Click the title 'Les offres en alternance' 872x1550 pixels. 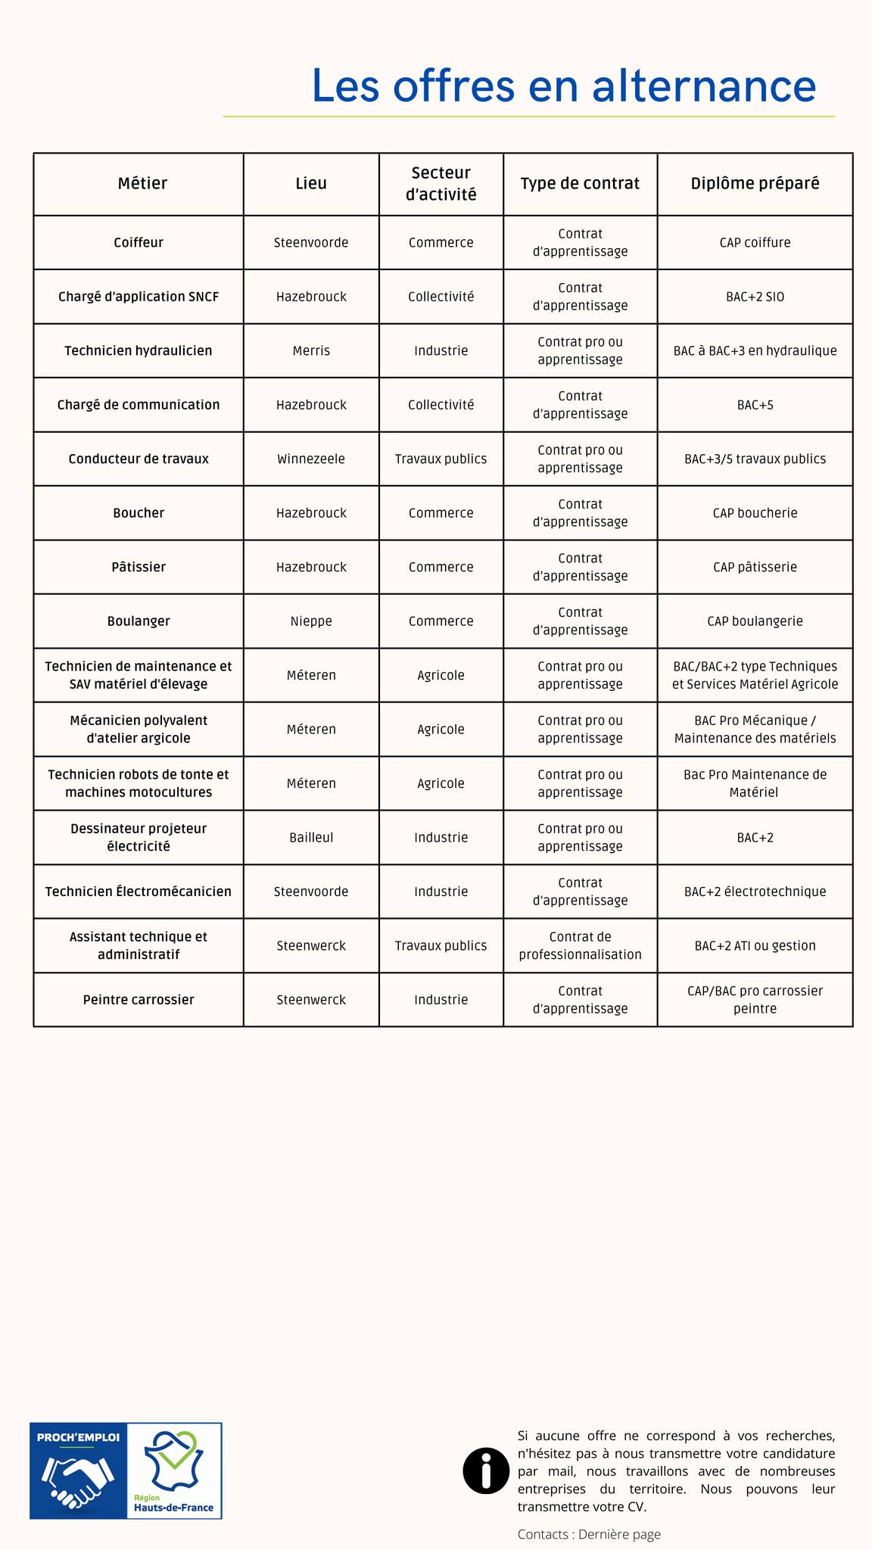(564, 85)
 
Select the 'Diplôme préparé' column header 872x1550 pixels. (755, 184)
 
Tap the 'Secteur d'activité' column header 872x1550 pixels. (441, 184)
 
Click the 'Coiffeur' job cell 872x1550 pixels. (139, 243)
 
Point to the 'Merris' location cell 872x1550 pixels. (311, 351)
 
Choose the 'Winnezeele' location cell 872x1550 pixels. (311, 459)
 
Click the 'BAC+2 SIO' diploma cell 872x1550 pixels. (755, 297)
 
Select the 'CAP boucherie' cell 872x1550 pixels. (755, 513)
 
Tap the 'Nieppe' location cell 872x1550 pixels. (311, 621)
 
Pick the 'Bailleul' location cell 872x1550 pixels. (311, 838)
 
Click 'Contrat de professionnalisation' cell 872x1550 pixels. (580, 946)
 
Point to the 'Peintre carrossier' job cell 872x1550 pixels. (139, 1000)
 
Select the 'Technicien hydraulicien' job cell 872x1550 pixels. (139, 351)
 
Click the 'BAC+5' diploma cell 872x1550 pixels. (755, 405)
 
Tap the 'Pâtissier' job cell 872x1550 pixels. (139, 568)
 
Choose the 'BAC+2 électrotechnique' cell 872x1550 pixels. (755, 892)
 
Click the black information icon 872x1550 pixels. (485, 1471)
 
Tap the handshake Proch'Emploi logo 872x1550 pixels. (78, 1471)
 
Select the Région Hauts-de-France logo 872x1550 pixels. (174, 1471)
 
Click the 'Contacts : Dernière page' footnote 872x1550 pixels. (589, 1534)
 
